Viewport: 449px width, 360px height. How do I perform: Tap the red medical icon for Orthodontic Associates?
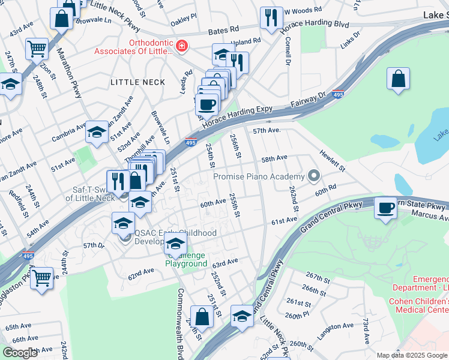[181, 45]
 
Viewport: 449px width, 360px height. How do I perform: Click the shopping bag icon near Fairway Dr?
[399, 79]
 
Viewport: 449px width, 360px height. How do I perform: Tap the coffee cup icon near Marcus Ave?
[384, 208]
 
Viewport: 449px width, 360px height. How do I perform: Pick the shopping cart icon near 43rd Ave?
[37, 48]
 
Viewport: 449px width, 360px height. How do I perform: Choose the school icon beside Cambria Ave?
[97, 132]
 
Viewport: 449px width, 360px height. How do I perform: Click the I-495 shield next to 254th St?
[191, 143]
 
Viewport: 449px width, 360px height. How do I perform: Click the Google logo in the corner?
[20, 353]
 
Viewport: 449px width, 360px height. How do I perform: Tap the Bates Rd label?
[223, 29]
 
